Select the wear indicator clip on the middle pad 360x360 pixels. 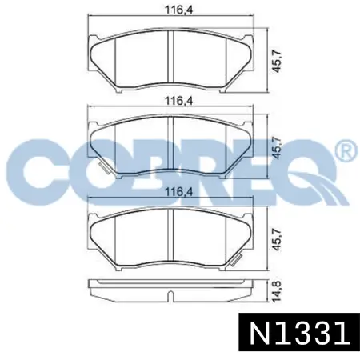(x=104, y=167)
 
